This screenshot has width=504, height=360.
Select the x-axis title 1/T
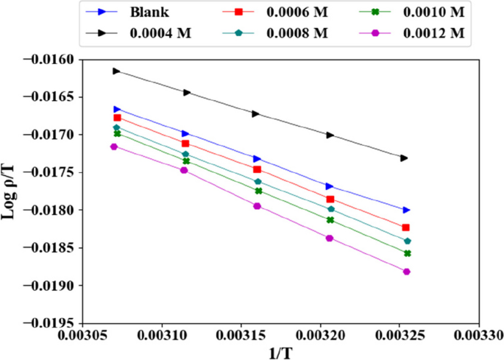(x=282, y=353)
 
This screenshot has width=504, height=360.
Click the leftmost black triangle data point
(x=116, y=71)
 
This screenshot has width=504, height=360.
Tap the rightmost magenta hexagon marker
(x=406, y=272)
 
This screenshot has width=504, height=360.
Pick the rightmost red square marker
(x=405, y=227)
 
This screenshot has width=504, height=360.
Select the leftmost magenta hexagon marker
(x=114, y=147)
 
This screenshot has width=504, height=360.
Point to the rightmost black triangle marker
(x=404, y=158)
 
